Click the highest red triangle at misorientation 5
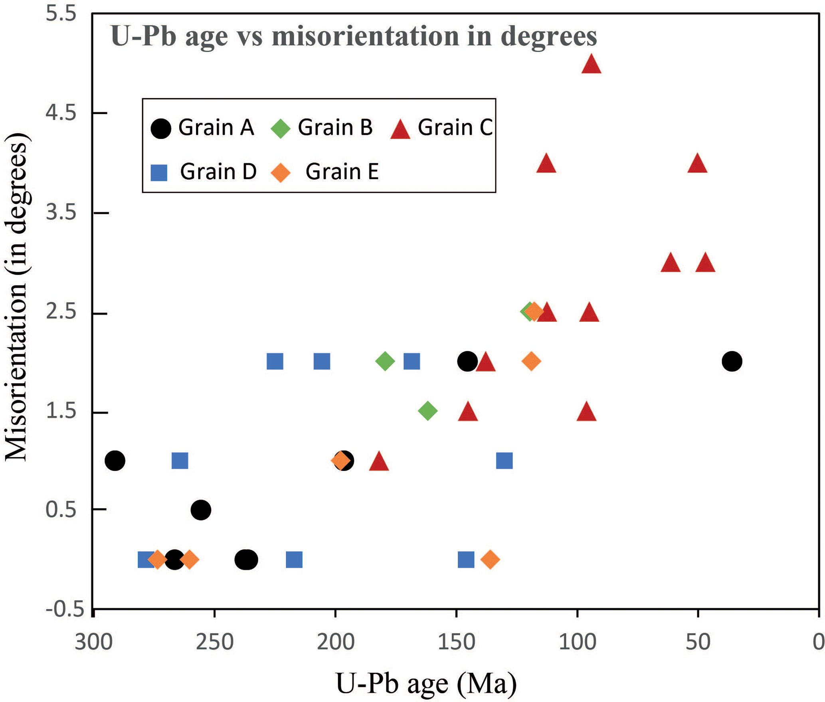(591, 65)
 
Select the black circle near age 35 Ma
(732, 361)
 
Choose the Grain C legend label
(455, 128)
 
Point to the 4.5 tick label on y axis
(61, 113)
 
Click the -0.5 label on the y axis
(60, 609)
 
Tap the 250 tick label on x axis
(214, 642)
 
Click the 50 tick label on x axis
(698, 642)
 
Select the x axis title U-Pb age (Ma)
(426, 683)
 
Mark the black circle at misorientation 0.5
(201, 510)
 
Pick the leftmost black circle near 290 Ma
(115, 461)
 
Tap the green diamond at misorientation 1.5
(427, 410)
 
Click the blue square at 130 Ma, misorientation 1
(504, 461)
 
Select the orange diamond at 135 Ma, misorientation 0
(490, 560)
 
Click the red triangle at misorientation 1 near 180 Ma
(379, 462)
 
